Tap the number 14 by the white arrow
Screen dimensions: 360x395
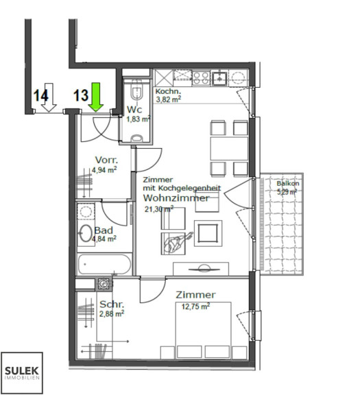pos(40,96)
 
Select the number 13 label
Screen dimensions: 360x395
pos(81,95)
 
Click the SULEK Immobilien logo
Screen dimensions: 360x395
pos(22,372)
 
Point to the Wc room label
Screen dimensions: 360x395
pos(134,110)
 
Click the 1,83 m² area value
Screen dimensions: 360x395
pos(139,119)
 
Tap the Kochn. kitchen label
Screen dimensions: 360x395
pos(168,91)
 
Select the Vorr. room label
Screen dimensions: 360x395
pos(106,160)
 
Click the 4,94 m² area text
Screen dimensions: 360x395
pos(104,170)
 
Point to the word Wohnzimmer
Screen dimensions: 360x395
pos(176,198)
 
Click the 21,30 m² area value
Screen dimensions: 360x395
pos(159,209)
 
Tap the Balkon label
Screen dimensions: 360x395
pos(288,183)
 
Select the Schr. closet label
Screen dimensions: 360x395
pos(112,304)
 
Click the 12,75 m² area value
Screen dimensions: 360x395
pos(195,307)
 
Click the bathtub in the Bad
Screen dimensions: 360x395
pos(104,264)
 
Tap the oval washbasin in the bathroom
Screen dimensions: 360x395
pos(86,233)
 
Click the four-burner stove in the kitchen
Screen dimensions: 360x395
pos(201,78)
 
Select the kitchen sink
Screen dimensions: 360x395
pos(220,78)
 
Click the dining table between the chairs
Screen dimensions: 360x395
pos(229,148)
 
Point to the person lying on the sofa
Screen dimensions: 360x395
pos(178,242)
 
